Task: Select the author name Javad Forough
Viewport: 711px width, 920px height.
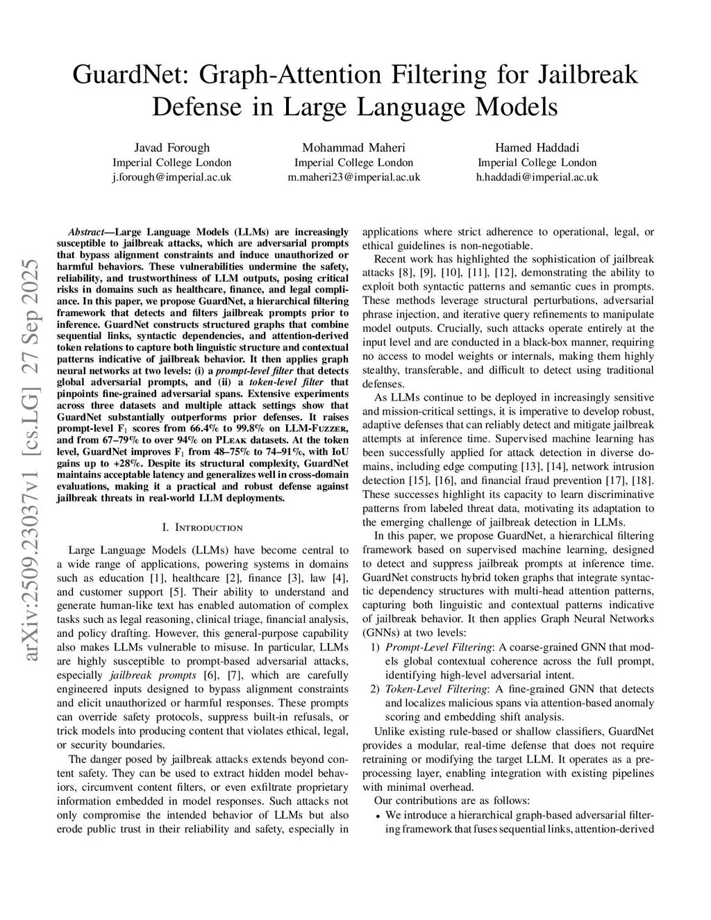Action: [172, 147]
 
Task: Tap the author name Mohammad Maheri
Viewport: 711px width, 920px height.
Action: [353, 147]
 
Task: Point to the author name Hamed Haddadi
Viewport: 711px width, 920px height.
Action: [537, 147]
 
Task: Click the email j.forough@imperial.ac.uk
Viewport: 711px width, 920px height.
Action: [172, 177]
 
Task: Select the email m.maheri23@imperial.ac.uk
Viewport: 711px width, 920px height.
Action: [353, 177]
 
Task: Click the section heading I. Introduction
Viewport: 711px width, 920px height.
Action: [202, 528]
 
